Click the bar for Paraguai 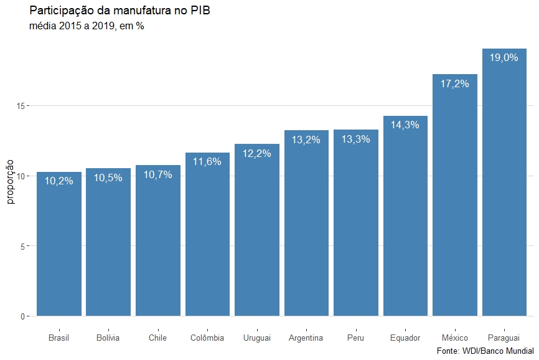504,187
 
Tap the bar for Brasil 59,249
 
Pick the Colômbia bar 207,237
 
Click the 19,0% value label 504,57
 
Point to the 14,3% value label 405,125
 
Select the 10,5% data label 108,178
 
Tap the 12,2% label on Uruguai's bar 257,153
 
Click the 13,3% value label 356,139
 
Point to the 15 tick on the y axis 21,106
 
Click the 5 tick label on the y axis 23,246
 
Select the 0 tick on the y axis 23,316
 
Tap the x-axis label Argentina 306,338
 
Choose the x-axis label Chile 157,338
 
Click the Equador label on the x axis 405,338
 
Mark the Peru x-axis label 356,338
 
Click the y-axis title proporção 10,181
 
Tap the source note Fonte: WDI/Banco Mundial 485,352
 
